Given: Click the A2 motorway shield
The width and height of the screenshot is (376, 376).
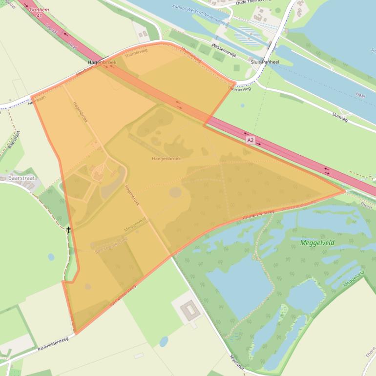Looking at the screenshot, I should click(x=250, y=140).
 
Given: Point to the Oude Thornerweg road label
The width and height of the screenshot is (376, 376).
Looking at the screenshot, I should click(x=253, y=2).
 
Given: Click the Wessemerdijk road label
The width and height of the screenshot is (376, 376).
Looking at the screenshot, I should click(x=224, y=50).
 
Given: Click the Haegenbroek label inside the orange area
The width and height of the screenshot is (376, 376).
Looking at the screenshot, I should click(x=166, y=159).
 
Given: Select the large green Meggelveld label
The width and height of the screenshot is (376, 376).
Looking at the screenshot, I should click(x=317, y=242).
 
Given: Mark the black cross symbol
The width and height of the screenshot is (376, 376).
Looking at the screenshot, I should click(x=68, y=230).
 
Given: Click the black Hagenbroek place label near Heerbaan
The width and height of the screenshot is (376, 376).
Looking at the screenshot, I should click(x=102, y=63).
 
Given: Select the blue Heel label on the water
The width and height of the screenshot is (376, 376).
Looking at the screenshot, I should click(x=360, y=96).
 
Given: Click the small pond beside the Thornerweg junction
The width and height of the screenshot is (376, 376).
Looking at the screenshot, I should click(x=243, y=105).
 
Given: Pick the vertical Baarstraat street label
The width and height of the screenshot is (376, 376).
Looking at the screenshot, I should click(x=14, y=140).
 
